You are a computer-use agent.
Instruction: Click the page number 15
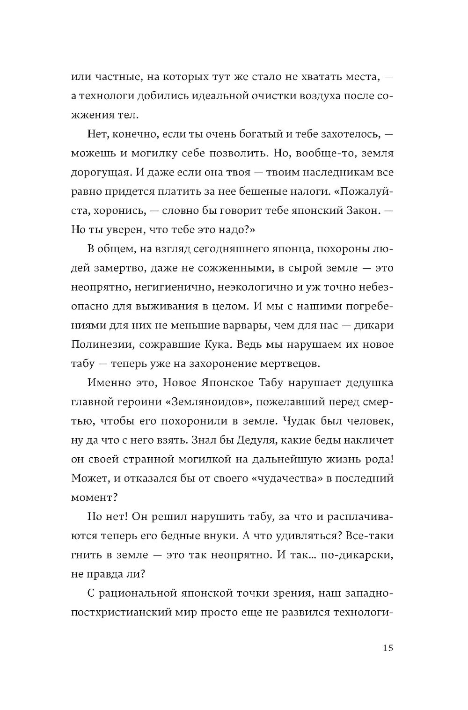pos(388,648)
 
